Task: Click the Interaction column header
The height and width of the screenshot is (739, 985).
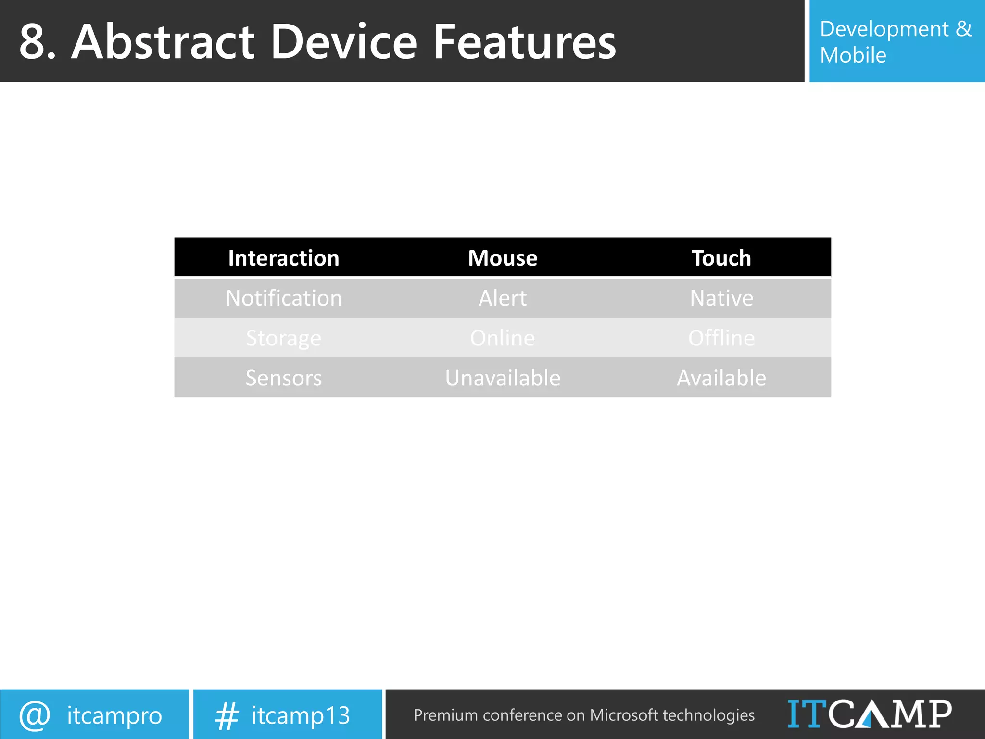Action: point(283,258)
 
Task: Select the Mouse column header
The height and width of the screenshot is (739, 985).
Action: point(503,258)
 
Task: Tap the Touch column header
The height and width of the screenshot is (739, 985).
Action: point(721,258)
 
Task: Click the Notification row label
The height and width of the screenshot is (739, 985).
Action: point(284,298)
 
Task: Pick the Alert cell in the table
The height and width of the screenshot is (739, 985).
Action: point(503,298)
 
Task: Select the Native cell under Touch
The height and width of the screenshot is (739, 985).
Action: point(721,298)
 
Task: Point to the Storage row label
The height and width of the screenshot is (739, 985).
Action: point(283,338)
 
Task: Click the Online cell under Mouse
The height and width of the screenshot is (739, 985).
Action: point(503,338)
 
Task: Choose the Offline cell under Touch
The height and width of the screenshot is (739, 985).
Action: point(721,338)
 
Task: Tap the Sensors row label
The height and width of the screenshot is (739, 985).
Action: point(283,378)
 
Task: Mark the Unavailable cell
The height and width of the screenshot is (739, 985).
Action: point(503,378)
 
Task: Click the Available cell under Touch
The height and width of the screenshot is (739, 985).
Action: point(721,378)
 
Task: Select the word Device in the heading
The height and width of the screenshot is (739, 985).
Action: point(343,42)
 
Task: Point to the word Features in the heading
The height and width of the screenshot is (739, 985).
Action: point(524,42)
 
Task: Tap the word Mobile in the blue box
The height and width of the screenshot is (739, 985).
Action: point(853,55)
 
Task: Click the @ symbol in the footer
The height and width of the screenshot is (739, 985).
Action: point(35,715)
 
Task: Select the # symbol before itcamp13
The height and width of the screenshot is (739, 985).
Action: point(227,716)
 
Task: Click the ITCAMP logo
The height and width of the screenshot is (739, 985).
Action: point(869,714)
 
